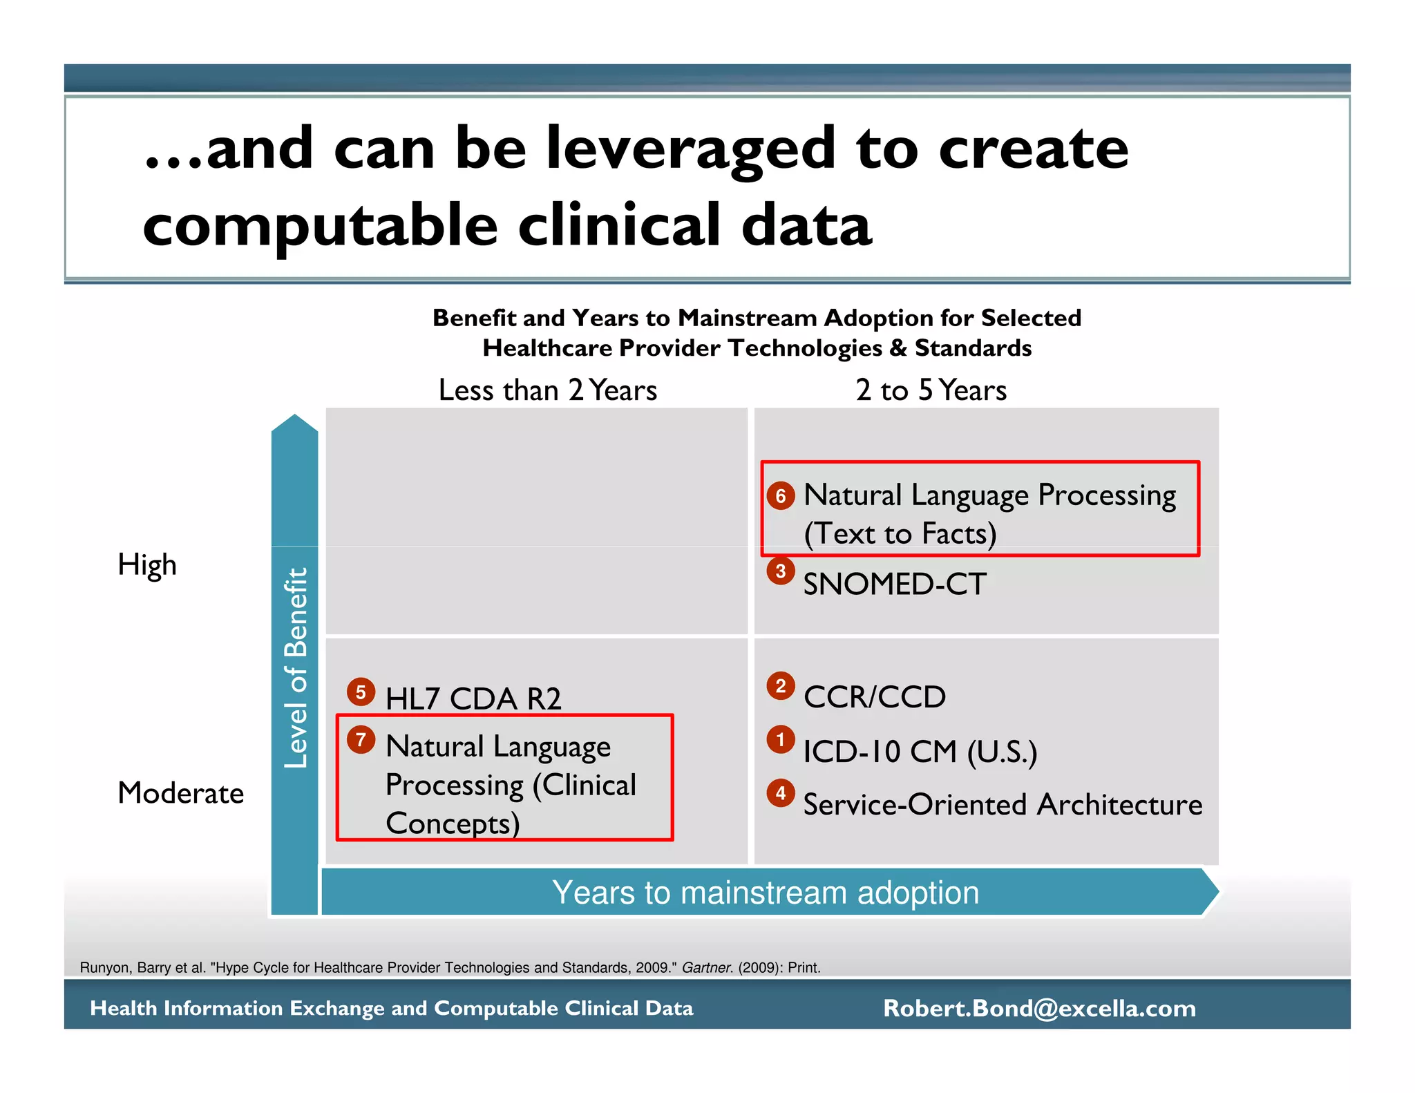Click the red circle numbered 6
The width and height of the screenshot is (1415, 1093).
tap(781, 495)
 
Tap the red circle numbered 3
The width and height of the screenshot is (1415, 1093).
tap(781, 571)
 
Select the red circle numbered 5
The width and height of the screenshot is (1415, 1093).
tap(361, 692)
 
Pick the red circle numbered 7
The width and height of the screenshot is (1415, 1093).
tap(361, 739)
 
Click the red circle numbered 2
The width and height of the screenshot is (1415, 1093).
tap(781, 685)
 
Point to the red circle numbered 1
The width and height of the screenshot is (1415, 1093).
tap(781, 739)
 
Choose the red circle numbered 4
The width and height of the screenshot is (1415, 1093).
tap(781, 792)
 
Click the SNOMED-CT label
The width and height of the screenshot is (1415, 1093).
tap(895, 584)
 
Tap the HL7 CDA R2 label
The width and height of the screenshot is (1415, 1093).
tap(473, 698)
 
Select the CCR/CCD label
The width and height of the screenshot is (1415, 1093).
tap(875, 696)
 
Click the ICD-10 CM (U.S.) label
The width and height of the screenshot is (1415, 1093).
tap(920, 752)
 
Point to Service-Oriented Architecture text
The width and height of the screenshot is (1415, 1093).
tap(1003, 805)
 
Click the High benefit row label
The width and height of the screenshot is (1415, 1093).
tap(147, 564)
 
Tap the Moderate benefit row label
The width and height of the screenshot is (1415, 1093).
tap(181, 792)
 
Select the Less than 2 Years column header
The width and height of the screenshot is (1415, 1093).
tap(548, 390)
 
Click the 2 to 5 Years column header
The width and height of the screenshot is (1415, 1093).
tap(931, 390)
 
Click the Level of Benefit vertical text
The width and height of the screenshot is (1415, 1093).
tap(296, 667)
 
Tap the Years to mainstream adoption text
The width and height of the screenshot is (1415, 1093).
tap(766, 893)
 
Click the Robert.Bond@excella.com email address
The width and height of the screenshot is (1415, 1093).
tap(1039, 1008)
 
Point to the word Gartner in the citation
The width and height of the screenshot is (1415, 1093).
tap(707, 968)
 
